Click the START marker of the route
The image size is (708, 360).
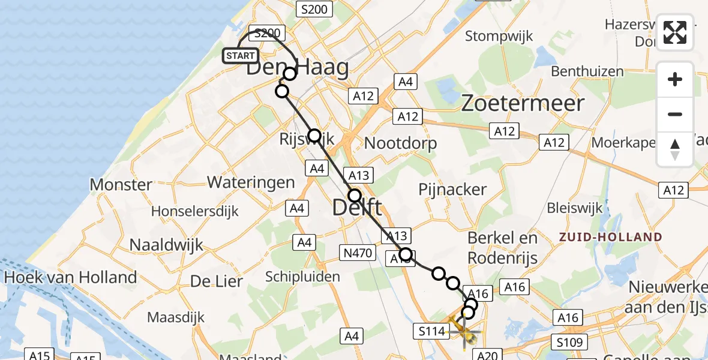tap(241, 56)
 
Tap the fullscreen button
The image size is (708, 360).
tap(675, 32)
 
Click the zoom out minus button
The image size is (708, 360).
tap(675, 115)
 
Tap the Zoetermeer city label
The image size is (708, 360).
tap(523, 103)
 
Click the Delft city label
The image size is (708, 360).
tap(357, 208)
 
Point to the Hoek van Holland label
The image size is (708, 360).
tap(70, 278)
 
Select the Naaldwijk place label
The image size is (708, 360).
tap(167, 245)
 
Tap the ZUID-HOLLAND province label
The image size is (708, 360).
tap(610, 237)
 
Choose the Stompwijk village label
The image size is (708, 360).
tap(499, 37)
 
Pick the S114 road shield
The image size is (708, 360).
tap(431, 331)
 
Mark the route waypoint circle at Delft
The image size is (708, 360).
tap(355, 196)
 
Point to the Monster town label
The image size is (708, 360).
tap(121, 184)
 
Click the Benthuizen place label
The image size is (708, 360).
tap(579, 71)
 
